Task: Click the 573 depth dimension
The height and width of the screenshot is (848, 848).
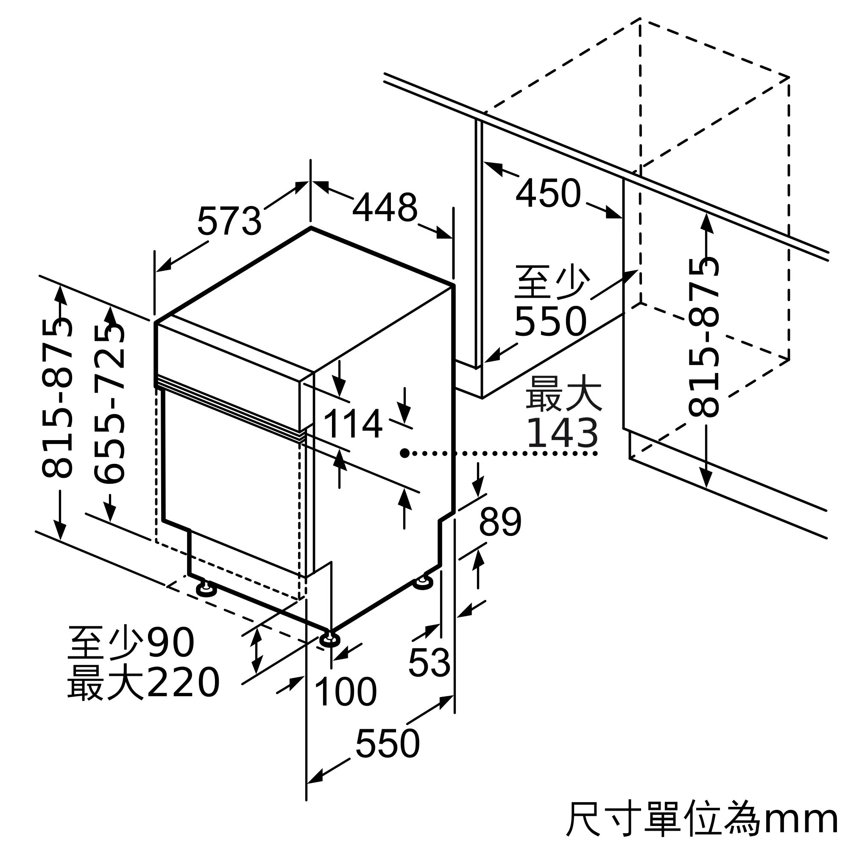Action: click(x=229, y=221)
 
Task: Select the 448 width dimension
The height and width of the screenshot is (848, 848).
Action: click(x=385, y=207)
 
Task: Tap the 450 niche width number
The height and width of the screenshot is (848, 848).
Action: click(x=548, y=192)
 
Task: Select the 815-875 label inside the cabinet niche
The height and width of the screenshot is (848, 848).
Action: click(x=703, y=337)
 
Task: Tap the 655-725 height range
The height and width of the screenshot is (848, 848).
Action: click(x=110, y=403)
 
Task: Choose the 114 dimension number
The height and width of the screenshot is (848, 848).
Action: click(x=353, y=424)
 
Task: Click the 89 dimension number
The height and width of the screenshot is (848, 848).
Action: click(x=500, y=522)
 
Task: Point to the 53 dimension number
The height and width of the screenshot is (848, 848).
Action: click(x=429, y=662)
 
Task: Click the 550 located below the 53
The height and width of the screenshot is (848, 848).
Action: click(x=388, y=743)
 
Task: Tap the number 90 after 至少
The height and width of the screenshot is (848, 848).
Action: click(x=170, y=642)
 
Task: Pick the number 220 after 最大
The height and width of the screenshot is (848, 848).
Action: click(x=183, y=682)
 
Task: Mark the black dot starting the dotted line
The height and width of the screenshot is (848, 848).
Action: click(x=404, y=453)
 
